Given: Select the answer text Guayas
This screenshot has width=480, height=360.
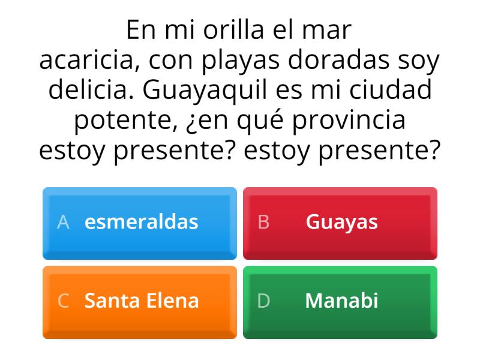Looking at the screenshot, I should click(x=341, y=222).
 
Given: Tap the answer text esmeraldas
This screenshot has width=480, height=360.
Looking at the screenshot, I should click(x=141, y=222).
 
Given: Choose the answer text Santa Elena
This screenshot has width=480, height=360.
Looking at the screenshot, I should click(x=141, y=300).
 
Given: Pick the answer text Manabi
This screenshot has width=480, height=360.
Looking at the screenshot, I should click(x=341, y=300).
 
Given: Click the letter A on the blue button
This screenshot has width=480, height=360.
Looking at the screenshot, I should click(x=63, y=222).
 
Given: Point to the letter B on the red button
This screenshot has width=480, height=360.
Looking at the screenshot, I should click(x=263, y=222).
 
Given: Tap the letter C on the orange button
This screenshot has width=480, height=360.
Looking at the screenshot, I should click(x=63, y=300).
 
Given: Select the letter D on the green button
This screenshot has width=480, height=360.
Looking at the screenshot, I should click(x=263, y=300).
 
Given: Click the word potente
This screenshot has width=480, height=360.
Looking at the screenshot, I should click(x=122, y=120).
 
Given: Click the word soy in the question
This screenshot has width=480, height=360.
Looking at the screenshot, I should click(x=419, y=61).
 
